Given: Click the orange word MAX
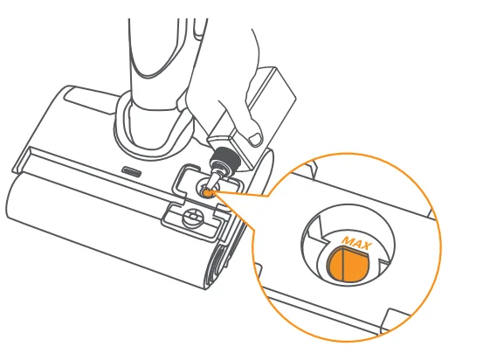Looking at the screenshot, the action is coord(356,242).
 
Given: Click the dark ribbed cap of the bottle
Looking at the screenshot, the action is coord(225,158).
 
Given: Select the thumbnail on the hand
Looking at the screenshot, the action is coord(255,138).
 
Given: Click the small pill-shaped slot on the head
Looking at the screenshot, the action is coord(131,170).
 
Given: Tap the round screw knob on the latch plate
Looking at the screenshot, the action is coord(193,217).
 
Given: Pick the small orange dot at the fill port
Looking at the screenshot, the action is coord(208,193).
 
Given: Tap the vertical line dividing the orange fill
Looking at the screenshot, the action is coord(342,262).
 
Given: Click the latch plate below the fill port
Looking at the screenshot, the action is coord(193,218).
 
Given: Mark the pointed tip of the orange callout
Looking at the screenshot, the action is coord(214,193).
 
